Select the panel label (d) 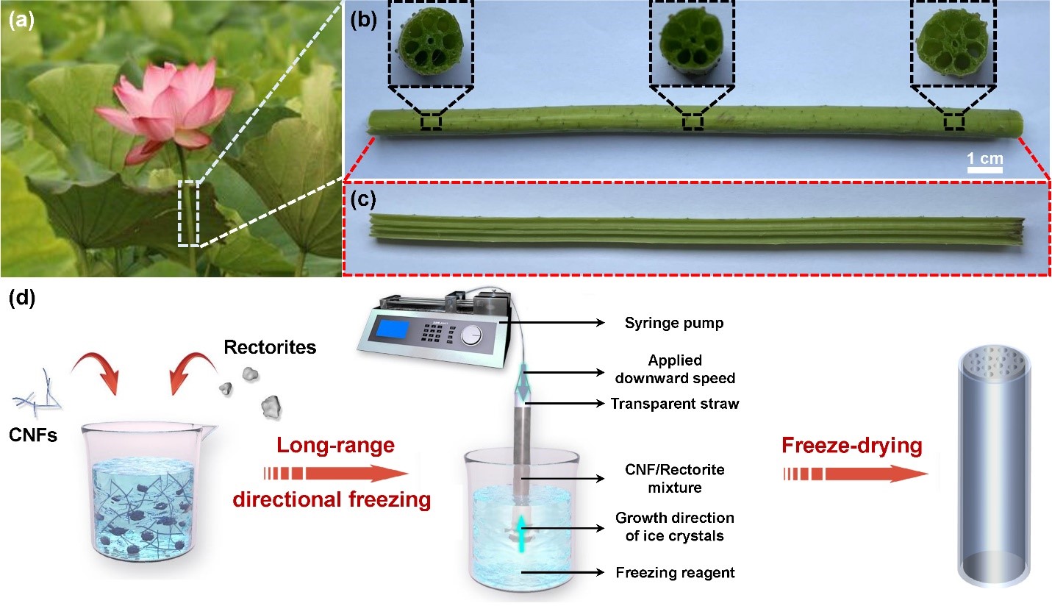point(21,300)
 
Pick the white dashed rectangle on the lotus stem point(188,213)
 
